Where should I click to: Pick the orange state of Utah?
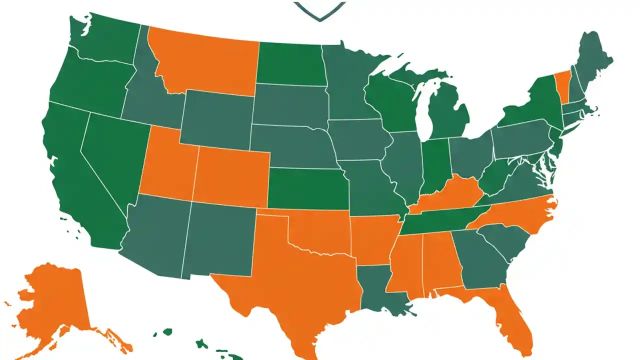pyautogui.click(x=167, y=165)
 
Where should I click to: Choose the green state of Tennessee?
pyautogui.click(x=440, y=220)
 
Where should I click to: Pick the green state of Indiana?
pyautogui.click(x=434, y=165)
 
